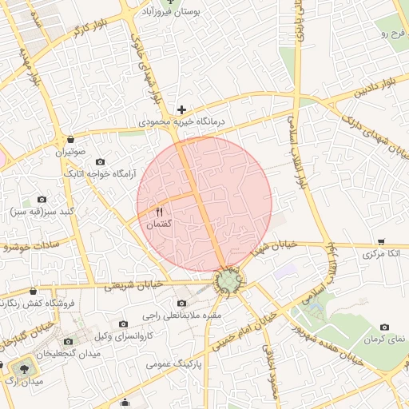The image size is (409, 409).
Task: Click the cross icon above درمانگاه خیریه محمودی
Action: [181, 109]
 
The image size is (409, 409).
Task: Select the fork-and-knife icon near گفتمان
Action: [158, 212]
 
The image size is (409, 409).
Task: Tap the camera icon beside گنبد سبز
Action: [42, 199]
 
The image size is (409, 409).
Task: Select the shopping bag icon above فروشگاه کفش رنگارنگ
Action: [33, 292]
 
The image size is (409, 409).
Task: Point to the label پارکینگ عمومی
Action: [176, 363]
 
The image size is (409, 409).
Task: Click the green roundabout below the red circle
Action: [229, 282]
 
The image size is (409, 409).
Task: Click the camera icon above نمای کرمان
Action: [384, 327]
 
